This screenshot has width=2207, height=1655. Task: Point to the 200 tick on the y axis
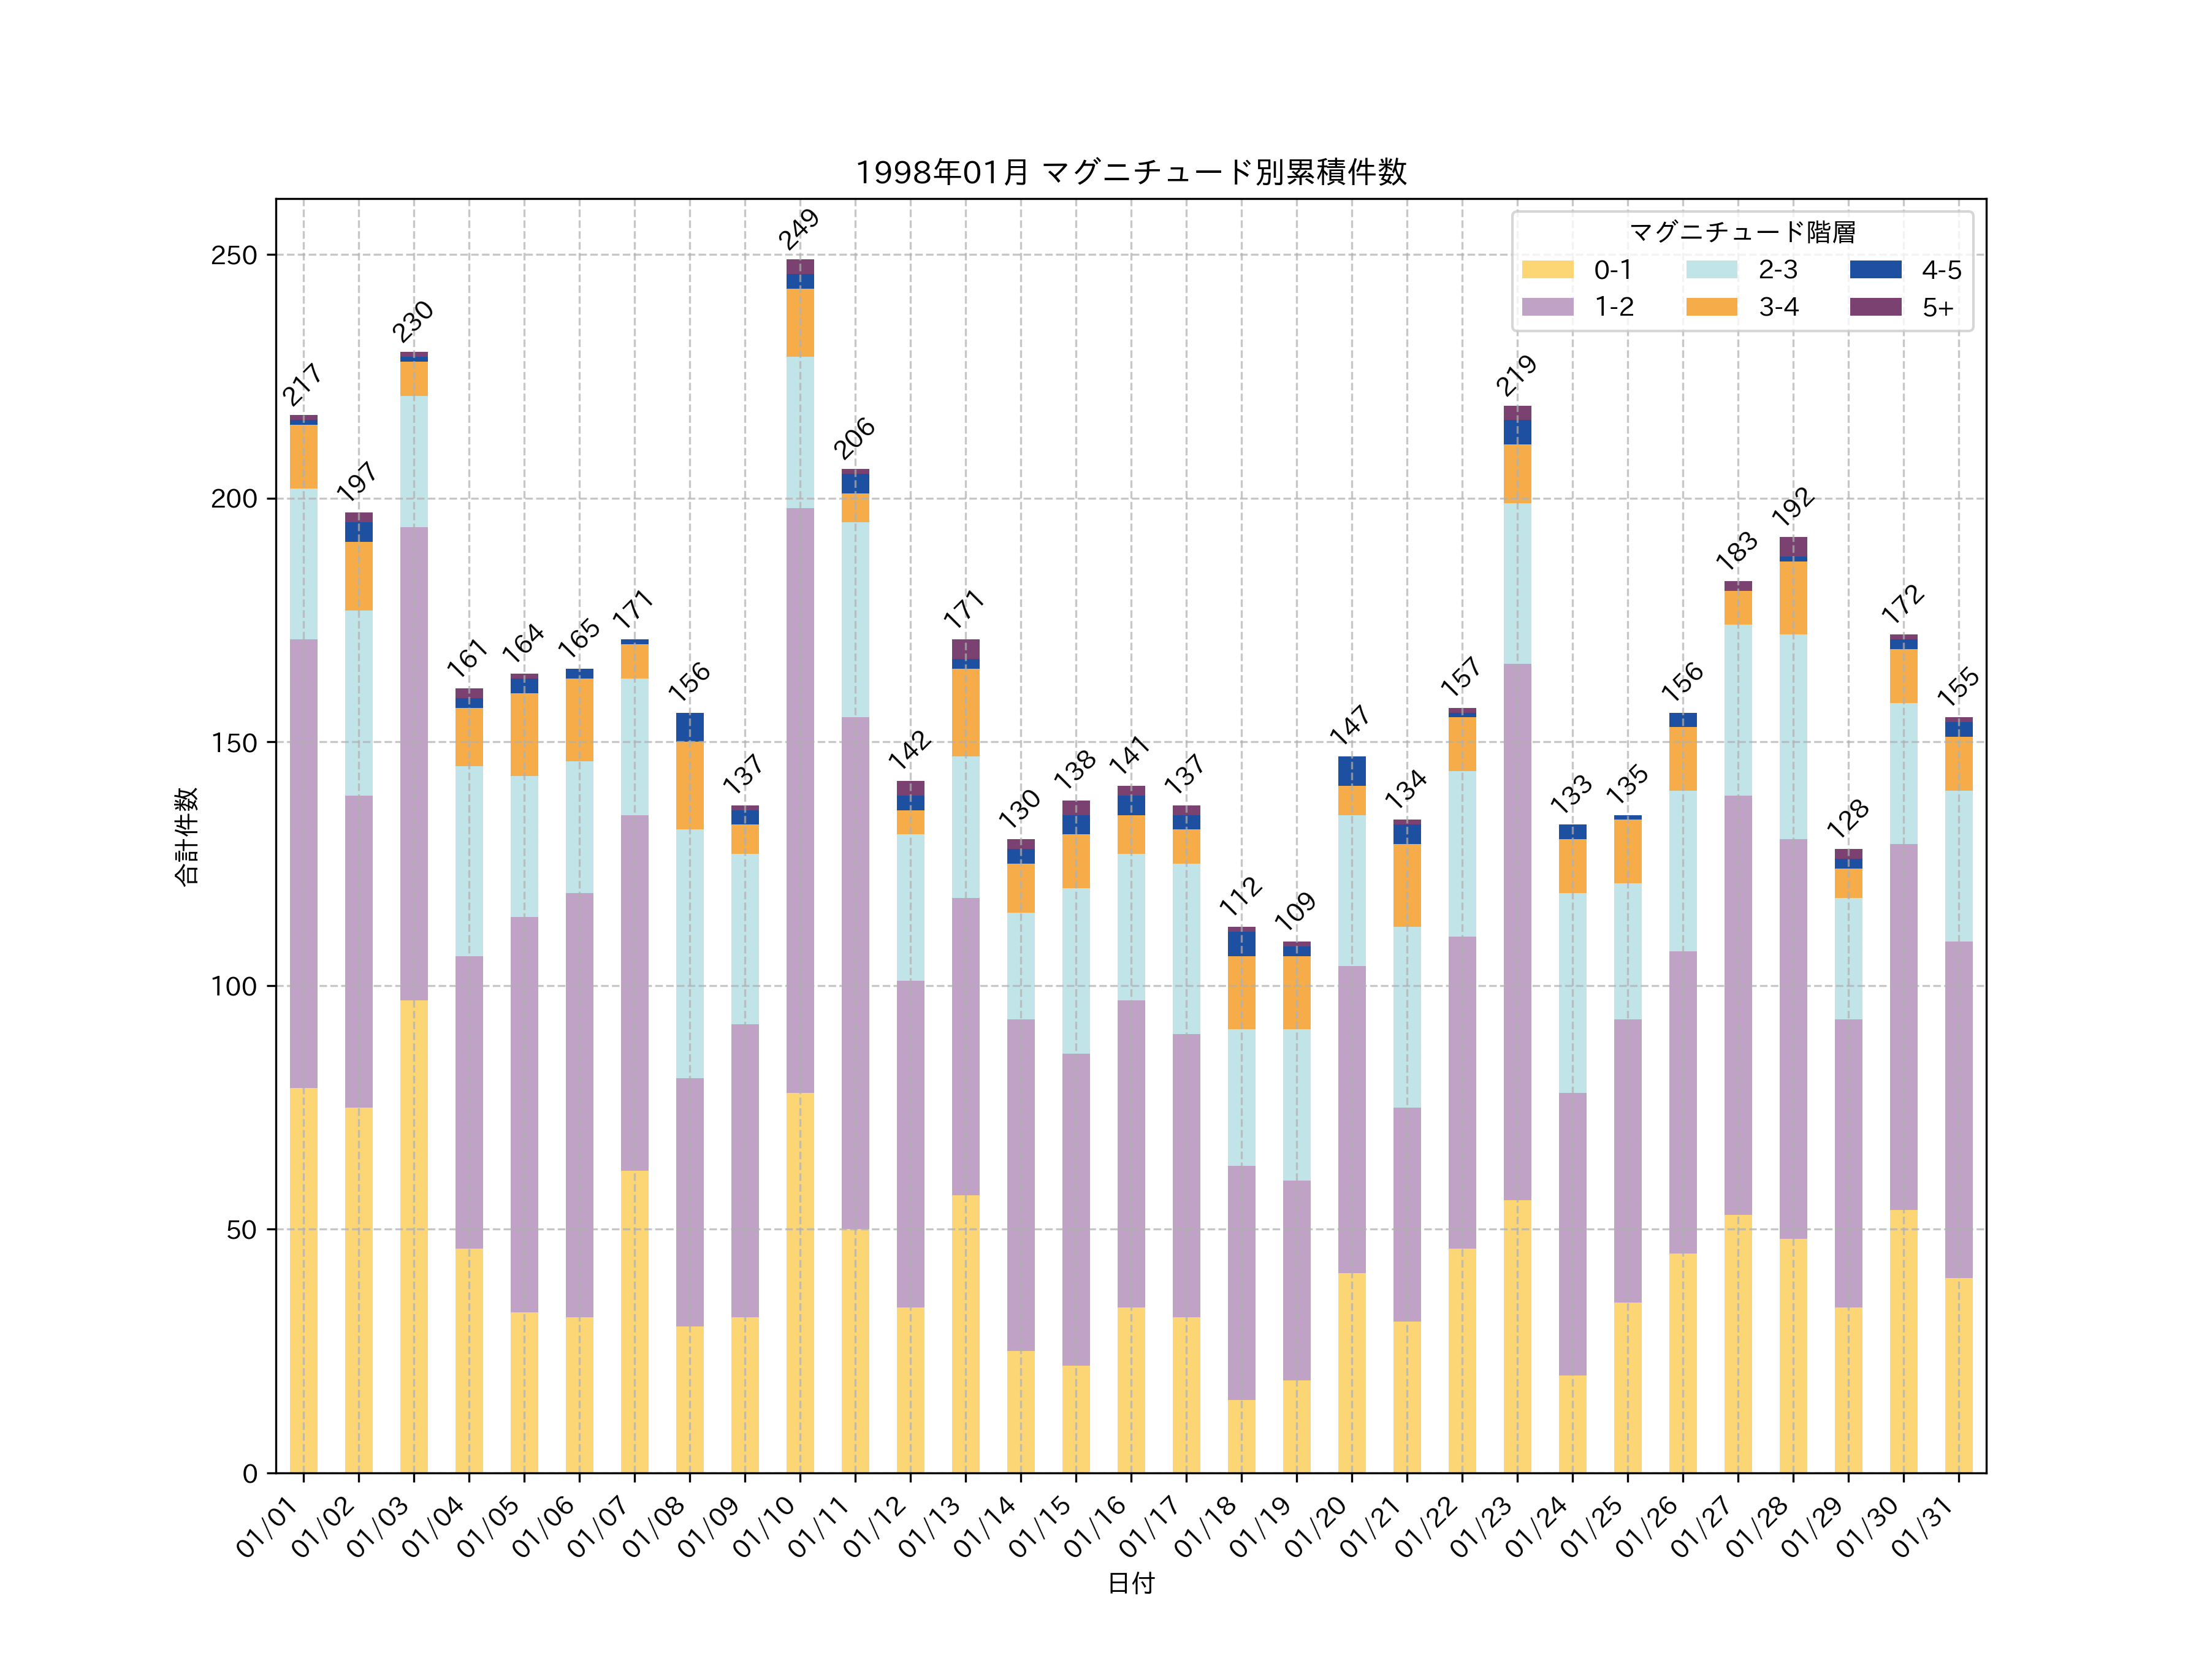(x=234, y=499)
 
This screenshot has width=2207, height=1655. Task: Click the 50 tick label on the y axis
(x=240, y=1229)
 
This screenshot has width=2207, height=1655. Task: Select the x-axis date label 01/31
(x=1924, y=1525)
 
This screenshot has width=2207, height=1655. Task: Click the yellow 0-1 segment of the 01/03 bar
(x=414, y=1237)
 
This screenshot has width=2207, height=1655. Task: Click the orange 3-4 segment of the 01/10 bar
(x=799, y=322)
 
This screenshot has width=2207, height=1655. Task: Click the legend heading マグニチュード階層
(x=1742, y=232)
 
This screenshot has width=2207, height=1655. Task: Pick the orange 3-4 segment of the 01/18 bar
(x=1241, y=992)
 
